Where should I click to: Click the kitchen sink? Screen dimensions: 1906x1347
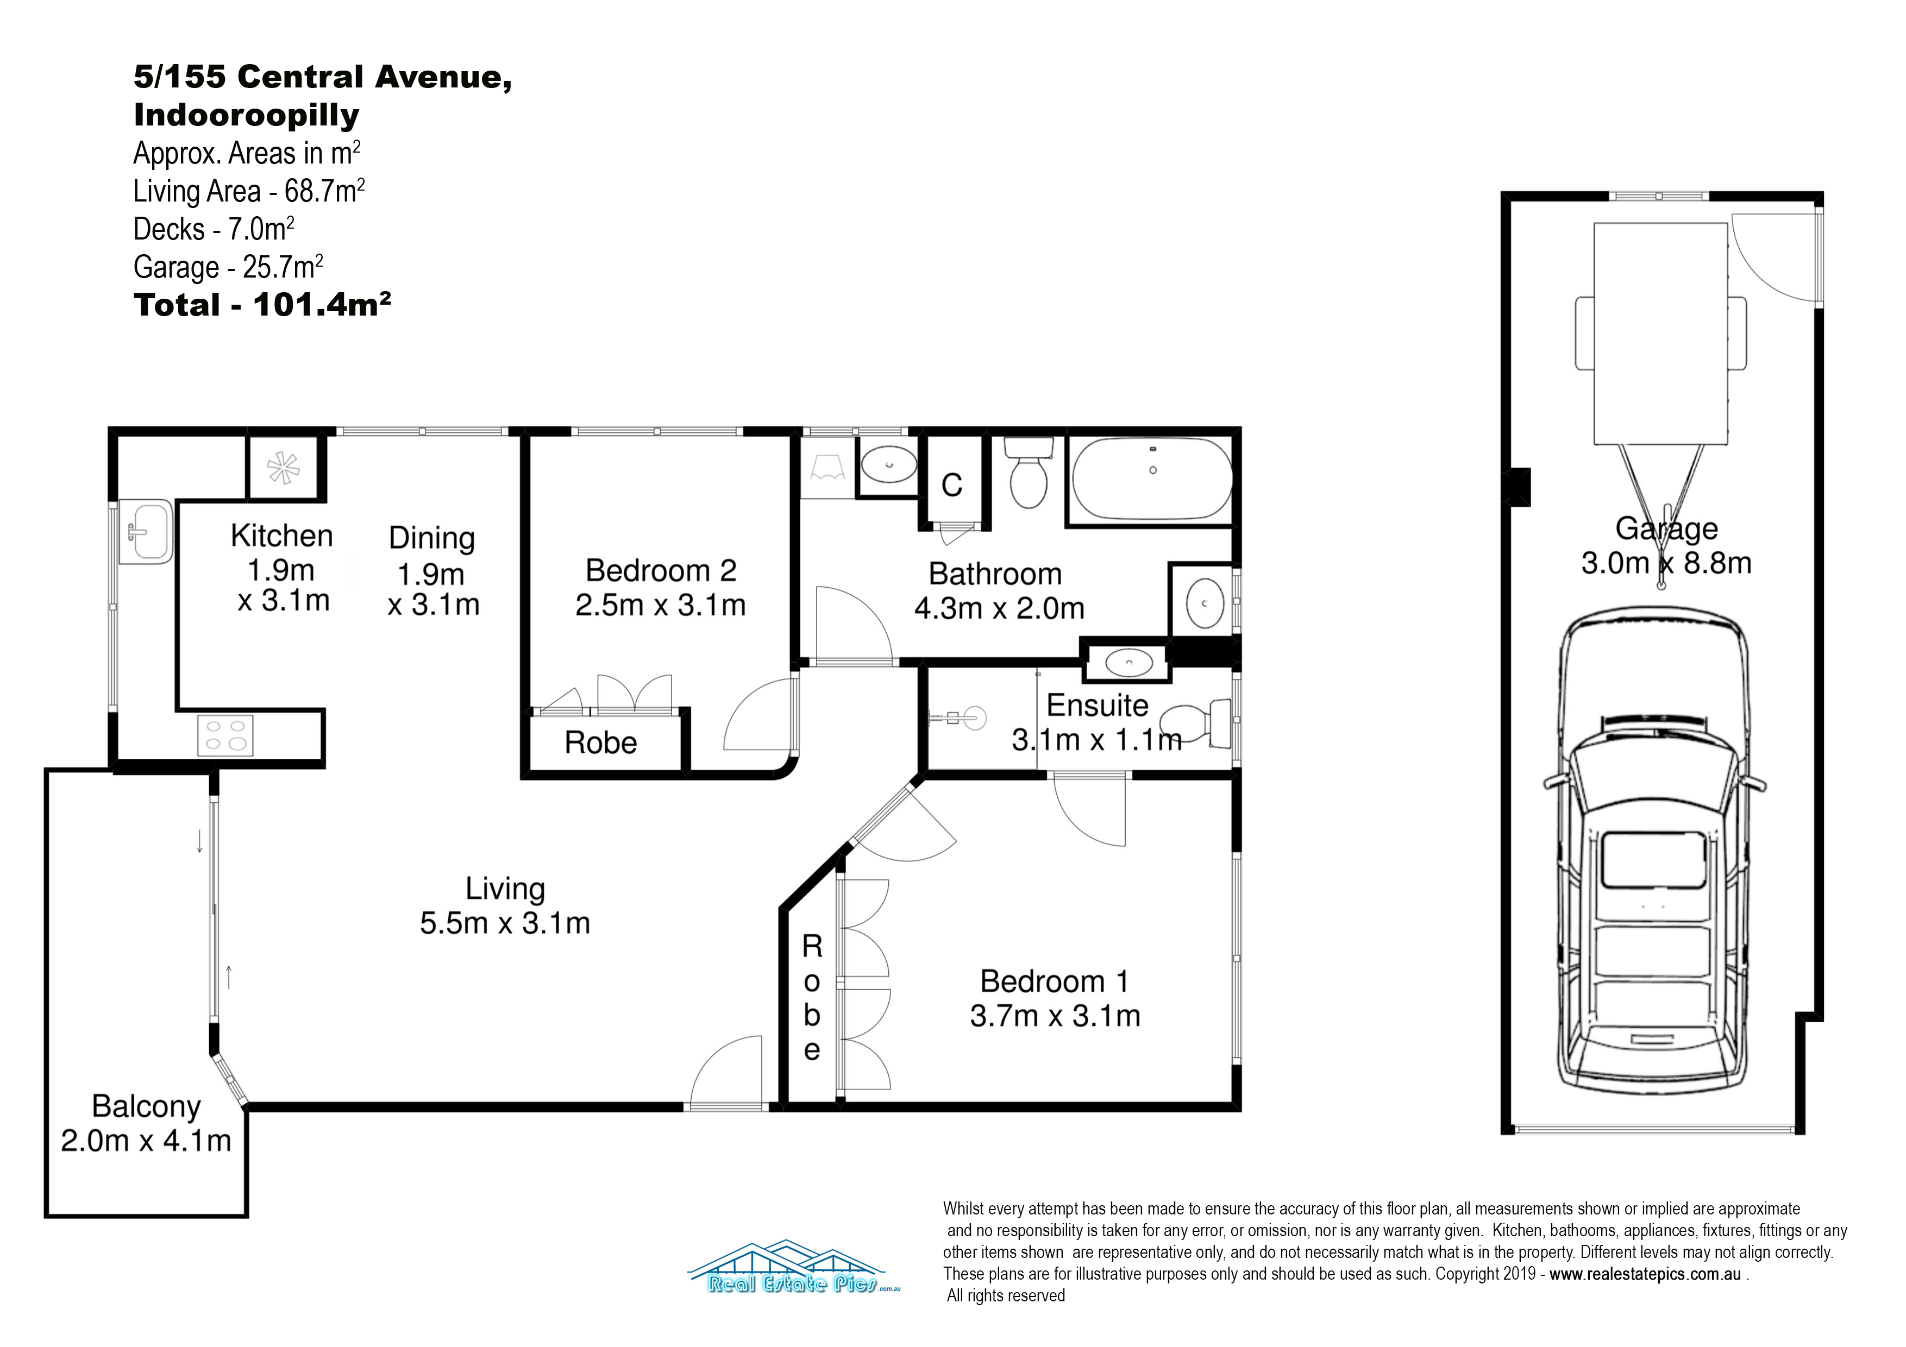[x=145, y=531]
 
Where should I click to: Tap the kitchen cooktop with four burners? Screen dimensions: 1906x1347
[x=225, y=734]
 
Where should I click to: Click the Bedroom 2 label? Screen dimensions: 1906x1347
[x=661, y=571]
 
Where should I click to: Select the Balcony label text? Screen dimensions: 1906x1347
[x=146, y=1106]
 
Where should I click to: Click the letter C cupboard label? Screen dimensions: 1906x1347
[x=951, y=486]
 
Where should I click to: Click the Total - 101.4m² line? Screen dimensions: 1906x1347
[x=262, y=305]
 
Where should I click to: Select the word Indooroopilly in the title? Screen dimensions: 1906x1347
[x=247, y=115]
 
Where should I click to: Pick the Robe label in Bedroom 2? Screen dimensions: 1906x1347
[x=601, y=743]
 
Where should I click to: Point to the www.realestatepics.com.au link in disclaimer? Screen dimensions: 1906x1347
[x=1645, y=1274]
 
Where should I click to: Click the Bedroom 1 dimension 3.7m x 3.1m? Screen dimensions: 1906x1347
[x=1055, y=1016]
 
